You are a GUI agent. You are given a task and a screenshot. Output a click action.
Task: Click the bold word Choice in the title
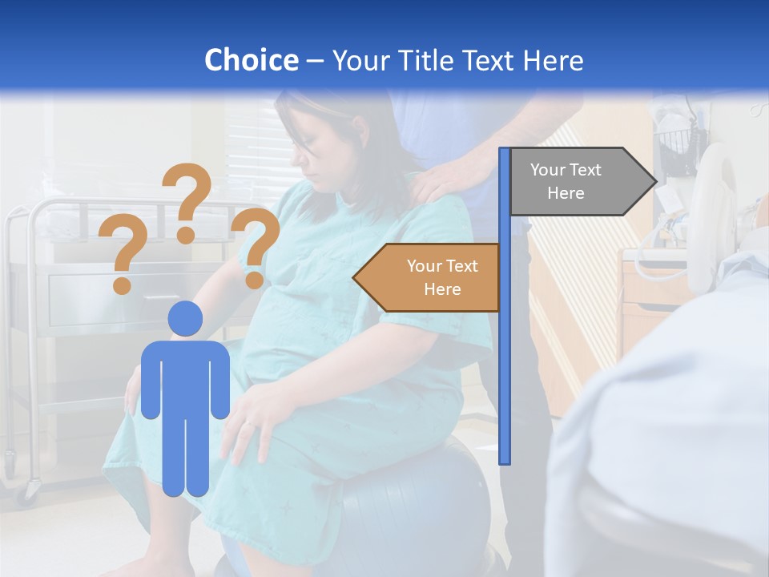click(251, 60)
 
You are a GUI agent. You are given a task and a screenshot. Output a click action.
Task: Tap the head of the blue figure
click(185, 318)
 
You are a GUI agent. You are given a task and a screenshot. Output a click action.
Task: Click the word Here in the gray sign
click(566, 193)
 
